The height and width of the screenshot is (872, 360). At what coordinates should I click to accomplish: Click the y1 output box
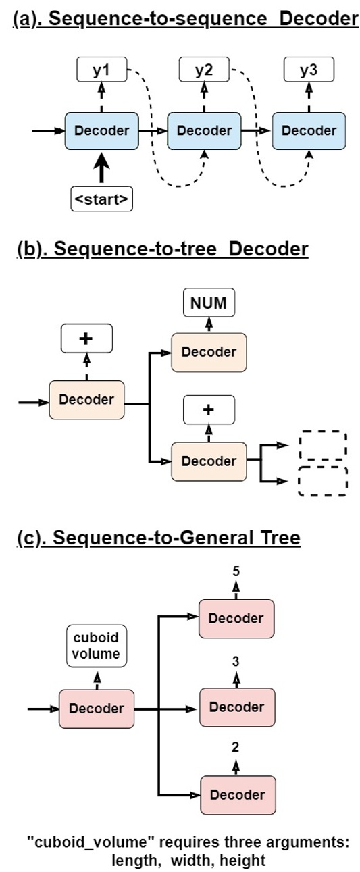click(101, 70)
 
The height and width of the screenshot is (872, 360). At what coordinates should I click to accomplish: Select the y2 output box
click(205, 70)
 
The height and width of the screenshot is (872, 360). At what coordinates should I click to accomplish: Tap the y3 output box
click(308, 70)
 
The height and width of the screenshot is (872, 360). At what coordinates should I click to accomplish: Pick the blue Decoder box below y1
click(101, 130)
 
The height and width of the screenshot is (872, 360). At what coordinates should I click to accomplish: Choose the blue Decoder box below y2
click(204, 130)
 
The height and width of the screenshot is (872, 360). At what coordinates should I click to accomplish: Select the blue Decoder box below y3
click(309, 130)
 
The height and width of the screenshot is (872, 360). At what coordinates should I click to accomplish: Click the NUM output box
click(209, 304)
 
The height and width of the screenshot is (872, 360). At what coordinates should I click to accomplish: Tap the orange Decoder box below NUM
click(209, 351)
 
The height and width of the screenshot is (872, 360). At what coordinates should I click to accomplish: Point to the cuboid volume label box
click(96, 646)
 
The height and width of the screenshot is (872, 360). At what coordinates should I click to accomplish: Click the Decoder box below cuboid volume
click(97, 709)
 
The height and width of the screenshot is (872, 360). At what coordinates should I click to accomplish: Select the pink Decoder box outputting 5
click(236, 618)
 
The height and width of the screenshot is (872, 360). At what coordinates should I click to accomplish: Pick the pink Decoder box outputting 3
click(236, 707)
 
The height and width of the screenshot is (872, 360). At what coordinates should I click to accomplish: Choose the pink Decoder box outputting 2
click(236, 795)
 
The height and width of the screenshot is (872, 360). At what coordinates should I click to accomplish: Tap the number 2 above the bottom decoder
click(236, 747)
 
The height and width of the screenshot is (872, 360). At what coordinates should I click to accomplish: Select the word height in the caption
click(245, 862)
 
